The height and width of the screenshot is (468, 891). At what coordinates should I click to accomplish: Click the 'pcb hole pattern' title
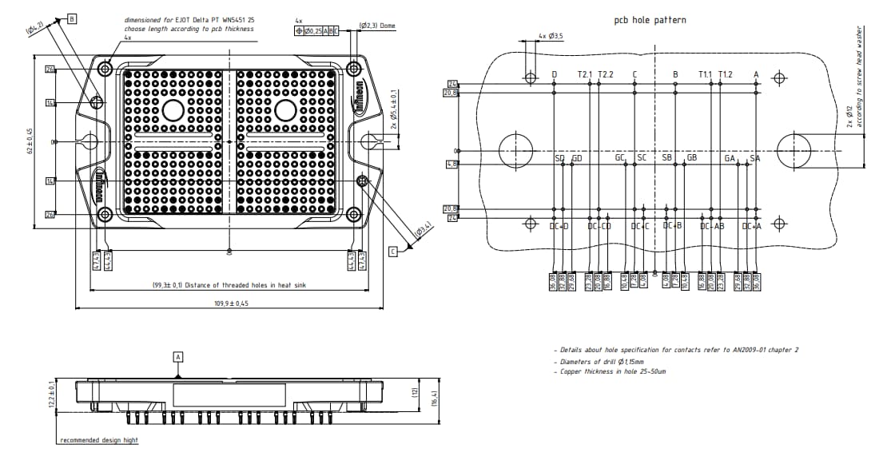click(649, 20)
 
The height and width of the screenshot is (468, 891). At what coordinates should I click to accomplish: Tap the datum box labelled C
click(393, 252)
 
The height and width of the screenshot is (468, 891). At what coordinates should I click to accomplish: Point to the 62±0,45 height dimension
click(30, 141)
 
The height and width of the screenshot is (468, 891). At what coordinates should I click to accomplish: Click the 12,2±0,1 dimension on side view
click(52, 394)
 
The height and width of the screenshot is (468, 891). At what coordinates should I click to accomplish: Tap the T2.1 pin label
click(585, 74)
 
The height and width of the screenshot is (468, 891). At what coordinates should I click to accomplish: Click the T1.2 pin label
click(725, 74)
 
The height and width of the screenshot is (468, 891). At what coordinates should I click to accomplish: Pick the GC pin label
click(620, 158)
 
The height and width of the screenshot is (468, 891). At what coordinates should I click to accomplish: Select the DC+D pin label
click(559, 226)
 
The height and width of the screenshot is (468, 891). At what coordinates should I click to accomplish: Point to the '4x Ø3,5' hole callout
click(551, 36)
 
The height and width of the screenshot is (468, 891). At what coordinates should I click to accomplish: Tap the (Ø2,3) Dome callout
click(377, 26)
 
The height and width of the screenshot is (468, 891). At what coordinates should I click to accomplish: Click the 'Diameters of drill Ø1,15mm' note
click(600, 361)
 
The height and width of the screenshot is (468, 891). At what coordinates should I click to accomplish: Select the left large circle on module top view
click(173, 110)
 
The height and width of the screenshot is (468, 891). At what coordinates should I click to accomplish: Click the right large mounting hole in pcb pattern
click(794, 149)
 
